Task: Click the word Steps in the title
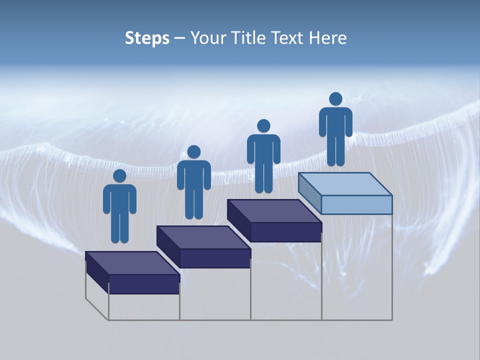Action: [x=147, y=38]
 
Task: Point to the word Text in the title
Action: [x=289, y=38]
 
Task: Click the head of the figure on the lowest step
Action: [x=119, y=176]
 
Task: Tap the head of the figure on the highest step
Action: [x=335, y=99]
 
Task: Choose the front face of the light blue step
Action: [x=356, y=204]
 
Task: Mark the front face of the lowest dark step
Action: [x=144, y=284]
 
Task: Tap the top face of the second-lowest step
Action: [x=203, y=237]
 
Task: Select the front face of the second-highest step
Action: [x=285, y=232]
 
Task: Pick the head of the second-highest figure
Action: [x=263, y=126]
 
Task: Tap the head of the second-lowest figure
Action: [x=194, y=152]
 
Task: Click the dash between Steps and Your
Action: [x=180, y=38]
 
